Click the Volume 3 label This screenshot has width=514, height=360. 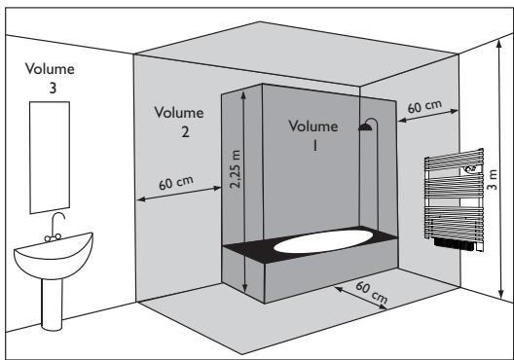[51, 78]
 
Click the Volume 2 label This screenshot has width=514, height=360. [179, 122]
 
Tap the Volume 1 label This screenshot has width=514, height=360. [313, 135]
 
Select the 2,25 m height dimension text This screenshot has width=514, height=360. [236, 169]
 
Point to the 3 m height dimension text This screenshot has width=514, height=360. [492, 179]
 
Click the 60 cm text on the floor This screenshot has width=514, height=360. [372, 292]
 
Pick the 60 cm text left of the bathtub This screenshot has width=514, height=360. [176, 183]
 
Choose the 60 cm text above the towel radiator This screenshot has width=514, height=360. [424, 105]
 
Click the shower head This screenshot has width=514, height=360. [365, 127]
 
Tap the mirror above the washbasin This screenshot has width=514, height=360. [50, 158]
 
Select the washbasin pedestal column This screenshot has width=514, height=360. [52, 304]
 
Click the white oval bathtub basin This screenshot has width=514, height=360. [323, 241]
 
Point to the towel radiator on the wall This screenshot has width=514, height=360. [455, 198]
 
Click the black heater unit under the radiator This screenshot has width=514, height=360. [454, 244]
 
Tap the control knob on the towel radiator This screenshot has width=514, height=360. [471, 168]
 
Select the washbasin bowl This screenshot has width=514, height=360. [54, 256]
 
